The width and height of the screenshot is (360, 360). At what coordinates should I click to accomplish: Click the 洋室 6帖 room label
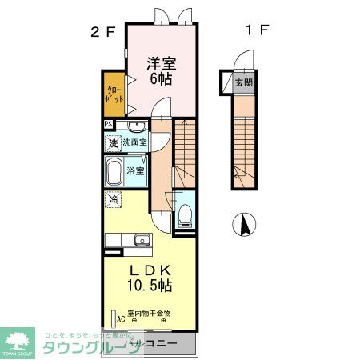click(159, 71)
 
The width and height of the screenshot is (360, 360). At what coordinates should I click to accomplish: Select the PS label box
click(108, 124)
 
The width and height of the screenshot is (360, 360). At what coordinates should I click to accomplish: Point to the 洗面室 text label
click(135, 142)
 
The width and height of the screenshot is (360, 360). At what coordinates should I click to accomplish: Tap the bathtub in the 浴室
click(113, 170)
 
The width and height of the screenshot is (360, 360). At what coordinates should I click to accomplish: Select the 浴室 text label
click(136, 170)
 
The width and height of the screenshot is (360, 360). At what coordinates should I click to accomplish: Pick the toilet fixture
click(184, 211)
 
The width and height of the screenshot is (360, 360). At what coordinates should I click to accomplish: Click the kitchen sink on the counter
click(143, 240)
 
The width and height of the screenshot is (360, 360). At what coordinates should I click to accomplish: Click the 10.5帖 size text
click(147, 284)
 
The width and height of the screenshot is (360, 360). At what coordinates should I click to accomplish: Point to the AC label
click(121, 319)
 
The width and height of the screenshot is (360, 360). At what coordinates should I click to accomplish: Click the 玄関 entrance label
click(243, 81)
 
